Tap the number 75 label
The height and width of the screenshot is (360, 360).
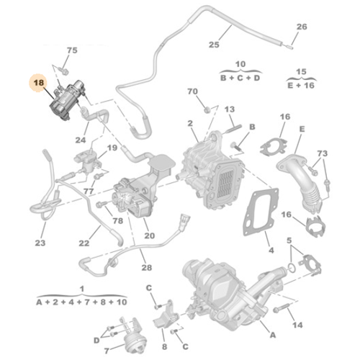[71, 50]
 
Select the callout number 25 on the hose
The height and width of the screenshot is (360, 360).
[213, 45]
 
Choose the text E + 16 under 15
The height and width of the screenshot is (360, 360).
[302, 84]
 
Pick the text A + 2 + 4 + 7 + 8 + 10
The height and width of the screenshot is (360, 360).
[82, 302]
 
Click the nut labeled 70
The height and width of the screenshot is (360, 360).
[209, 109]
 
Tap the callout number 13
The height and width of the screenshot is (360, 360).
[230, 109]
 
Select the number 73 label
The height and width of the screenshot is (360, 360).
[323, 154]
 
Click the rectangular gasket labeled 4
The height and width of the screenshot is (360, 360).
[258, 216]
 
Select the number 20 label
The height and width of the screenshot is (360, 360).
[150, 235]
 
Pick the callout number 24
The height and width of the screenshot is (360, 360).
[81, 140]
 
